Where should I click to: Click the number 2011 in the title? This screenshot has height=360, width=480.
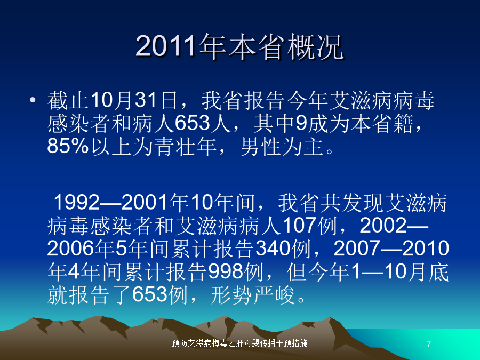click(165, 46)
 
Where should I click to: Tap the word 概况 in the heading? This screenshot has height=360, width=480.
click(315, 46)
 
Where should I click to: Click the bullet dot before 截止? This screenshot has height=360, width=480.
click(33, 100)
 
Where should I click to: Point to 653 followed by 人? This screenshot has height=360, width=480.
click(192, 123)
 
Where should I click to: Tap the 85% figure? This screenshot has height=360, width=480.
click(68, 146)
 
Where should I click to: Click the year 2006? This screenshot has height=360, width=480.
click(71, 248)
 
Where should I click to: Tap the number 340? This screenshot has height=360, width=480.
click(273, 248)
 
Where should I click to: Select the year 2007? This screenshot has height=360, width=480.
click(357, 248)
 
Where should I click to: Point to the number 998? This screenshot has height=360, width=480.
click(226, 271)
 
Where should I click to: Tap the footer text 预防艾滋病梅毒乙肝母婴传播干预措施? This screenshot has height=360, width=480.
click(239, 343)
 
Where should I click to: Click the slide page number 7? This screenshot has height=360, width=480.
click(429, 344)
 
